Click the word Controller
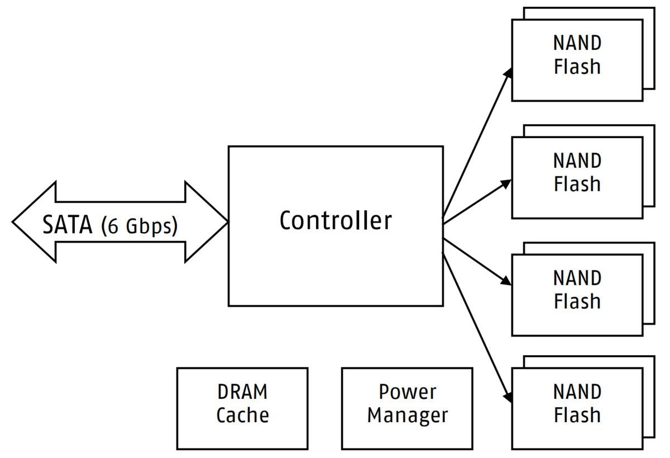pos(336,220)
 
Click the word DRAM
pos(242,392)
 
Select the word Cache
pos(242,415)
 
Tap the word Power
pos(407,392)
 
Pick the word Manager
pos(407,415)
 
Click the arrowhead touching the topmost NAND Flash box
pos(508,74)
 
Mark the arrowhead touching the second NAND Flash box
pos(506,183)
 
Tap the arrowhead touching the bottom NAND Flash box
pos(508,396)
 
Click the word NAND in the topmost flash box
pos(577,43)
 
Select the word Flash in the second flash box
pos(577,184)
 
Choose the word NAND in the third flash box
pos(577,278)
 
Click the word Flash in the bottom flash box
pos(577,415)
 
